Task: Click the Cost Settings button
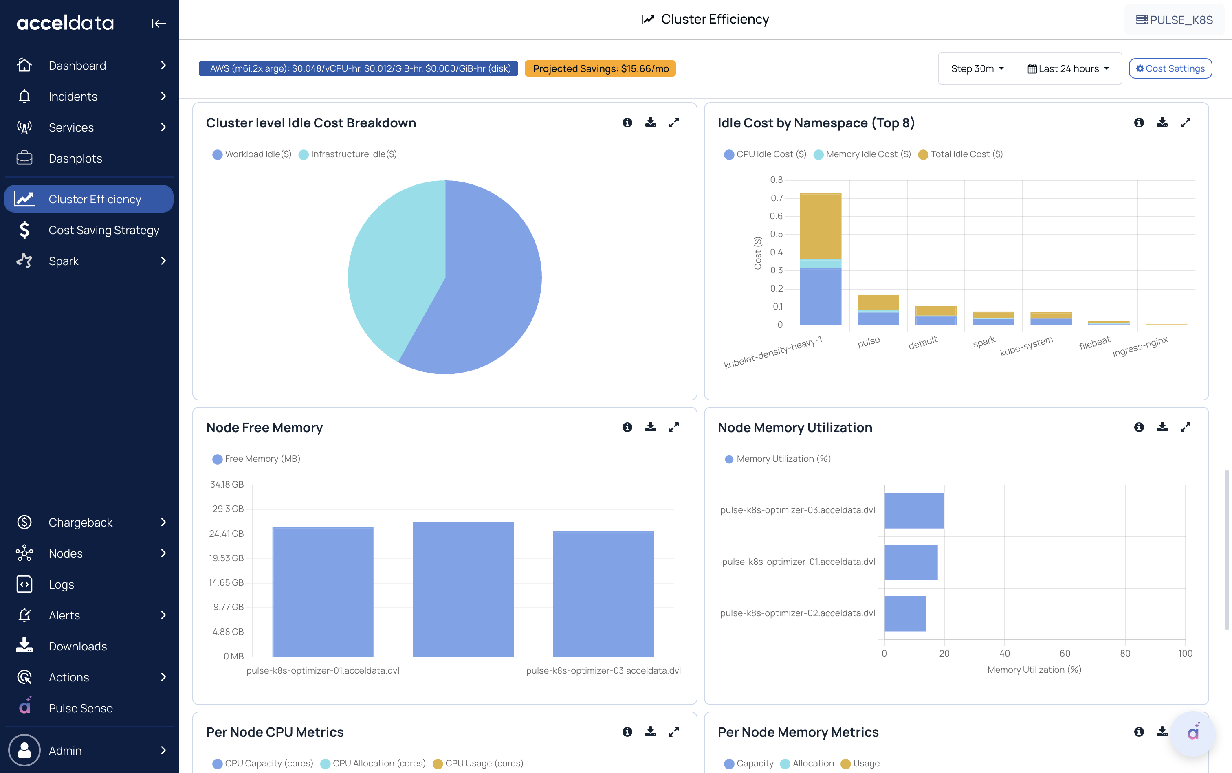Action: [1170, 68]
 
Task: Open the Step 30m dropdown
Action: [977, 68]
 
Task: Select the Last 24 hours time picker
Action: [1068, 68]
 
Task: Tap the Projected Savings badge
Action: [601, 68]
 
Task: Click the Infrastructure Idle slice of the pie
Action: [394, 266]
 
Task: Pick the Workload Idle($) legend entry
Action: [252, 154]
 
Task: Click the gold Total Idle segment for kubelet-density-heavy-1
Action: [820, 226]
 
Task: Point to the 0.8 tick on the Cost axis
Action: [777, 180]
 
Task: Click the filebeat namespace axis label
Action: [1094, 343]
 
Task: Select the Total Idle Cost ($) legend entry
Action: [960, 154]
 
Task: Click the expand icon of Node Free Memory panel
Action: [673, 427]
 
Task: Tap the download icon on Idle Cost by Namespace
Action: [1162, 123]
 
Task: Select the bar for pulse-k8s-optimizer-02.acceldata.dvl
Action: [905, 613]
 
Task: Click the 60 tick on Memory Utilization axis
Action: [1065, 653]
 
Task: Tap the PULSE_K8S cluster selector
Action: [1174, 20]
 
